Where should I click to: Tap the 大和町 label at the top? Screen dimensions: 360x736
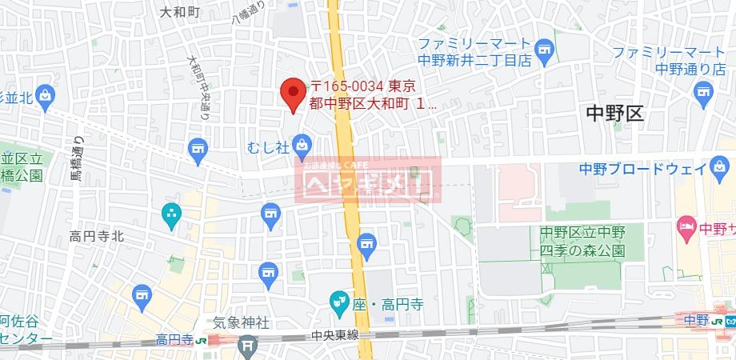tap(177, 12)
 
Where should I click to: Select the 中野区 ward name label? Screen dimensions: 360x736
tap(614, 113)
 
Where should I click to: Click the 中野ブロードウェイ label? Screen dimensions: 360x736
tap(642, 168)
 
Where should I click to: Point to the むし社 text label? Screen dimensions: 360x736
tap(268, 146)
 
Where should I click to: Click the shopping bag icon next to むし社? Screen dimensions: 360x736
tap(302, 145)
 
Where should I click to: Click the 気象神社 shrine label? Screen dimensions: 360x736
tap(240, 323)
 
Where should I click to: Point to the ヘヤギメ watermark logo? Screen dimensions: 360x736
tap(370, 183)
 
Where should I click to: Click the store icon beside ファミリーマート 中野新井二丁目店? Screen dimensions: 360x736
tap(544, 50)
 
